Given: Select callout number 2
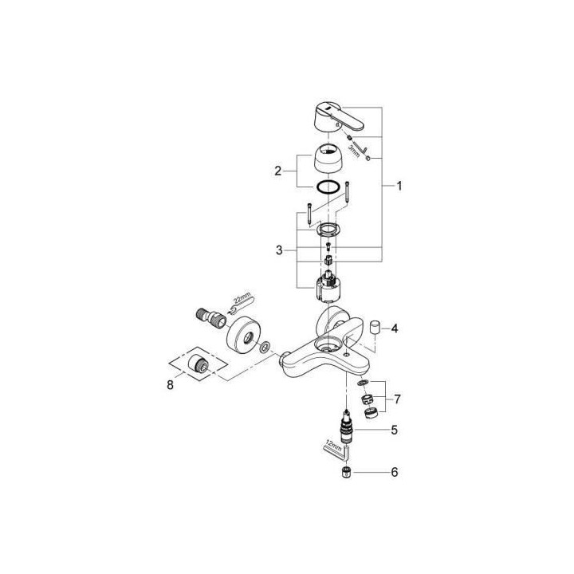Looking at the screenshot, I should tap(278, 171).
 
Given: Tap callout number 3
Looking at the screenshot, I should tap(278, 250).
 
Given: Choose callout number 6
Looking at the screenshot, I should tap(394, 473).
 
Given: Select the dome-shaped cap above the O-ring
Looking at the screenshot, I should tap(327, 156).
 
